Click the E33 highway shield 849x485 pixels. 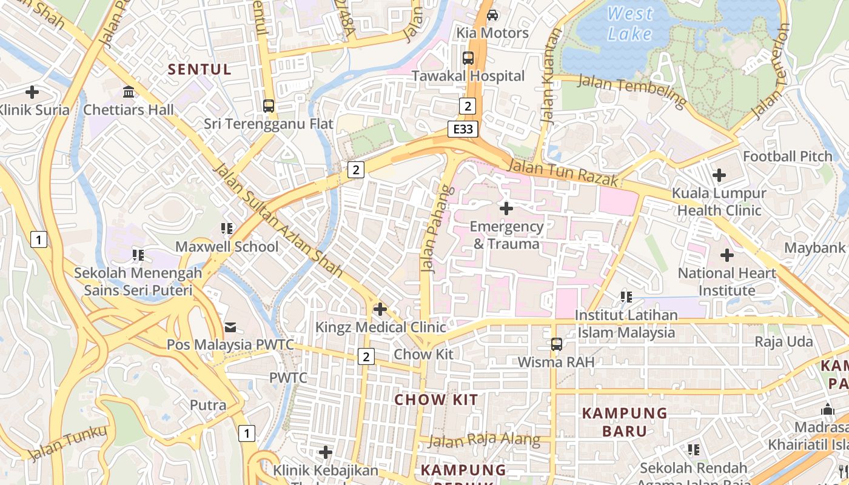(464, 129)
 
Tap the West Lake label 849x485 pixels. (630, 23)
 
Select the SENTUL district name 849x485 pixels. (200, 69)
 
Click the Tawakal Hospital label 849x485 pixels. (468, 76)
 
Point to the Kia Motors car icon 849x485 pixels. (492, 15)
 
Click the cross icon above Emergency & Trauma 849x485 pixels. (506, 209)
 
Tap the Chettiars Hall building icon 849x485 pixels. (129, 92)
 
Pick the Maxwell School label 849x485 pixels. (227, 247)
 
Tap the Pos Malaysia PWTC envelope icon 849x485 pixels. (230, 327)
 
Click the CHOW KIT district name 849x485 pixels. (436, 400)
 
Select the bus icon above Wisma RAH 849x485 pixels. (556, 344)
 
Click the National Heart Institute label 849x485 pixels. (727, 281)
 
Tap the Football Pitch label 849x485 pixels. (788, 156)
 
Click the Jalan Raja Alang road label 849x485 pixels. (483, 440)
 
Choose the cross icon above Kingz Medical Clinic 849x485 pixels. (380, 309)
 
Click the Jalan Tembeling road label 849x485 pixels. (631, 90)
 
